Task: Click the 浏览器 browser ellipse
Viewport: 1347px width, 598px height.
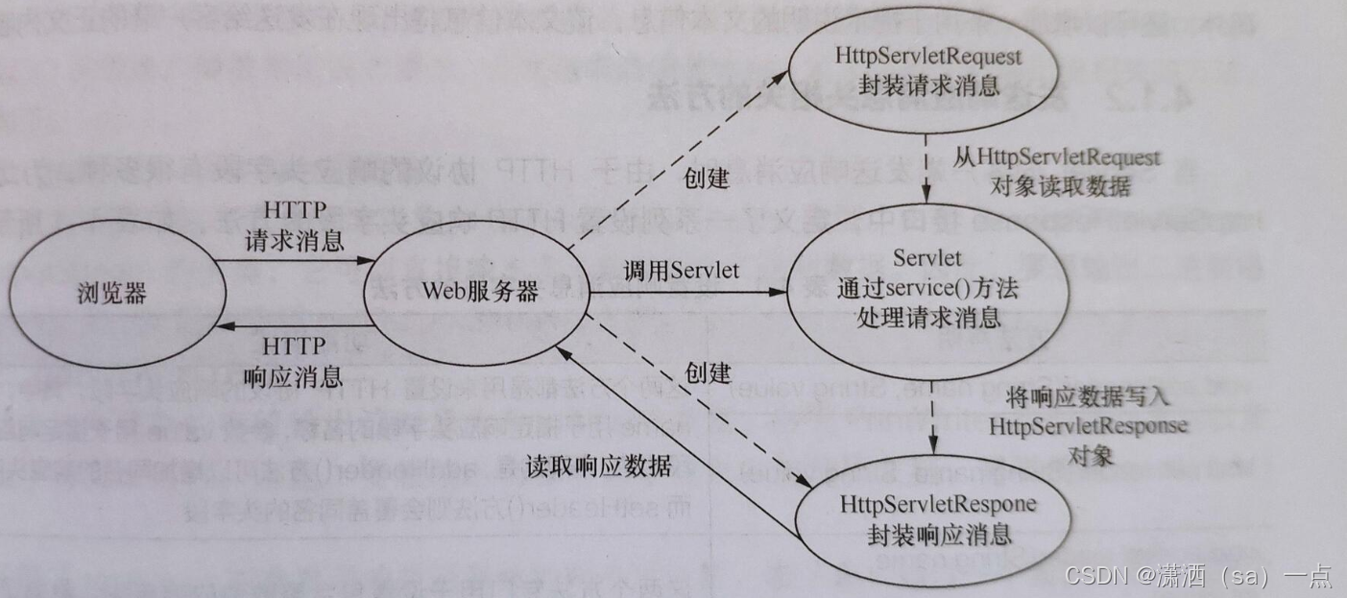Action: [111, 293]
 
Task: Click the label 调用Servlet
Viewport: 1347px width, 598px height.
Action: [682, 270]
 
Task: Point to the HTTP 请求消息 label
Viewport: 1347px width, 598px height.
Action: [295, 227]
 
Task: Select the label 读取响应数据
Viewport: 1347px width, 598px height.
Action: [598, 466]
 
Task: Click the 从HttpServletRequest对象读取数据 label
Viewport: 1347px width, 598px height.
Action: [1056, 171]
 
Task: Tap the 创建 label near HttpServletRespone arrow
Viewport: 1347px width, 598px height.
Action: [709, 372]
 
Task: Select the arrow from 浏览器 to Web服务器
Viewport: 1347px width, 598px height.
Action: [298, 260]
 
